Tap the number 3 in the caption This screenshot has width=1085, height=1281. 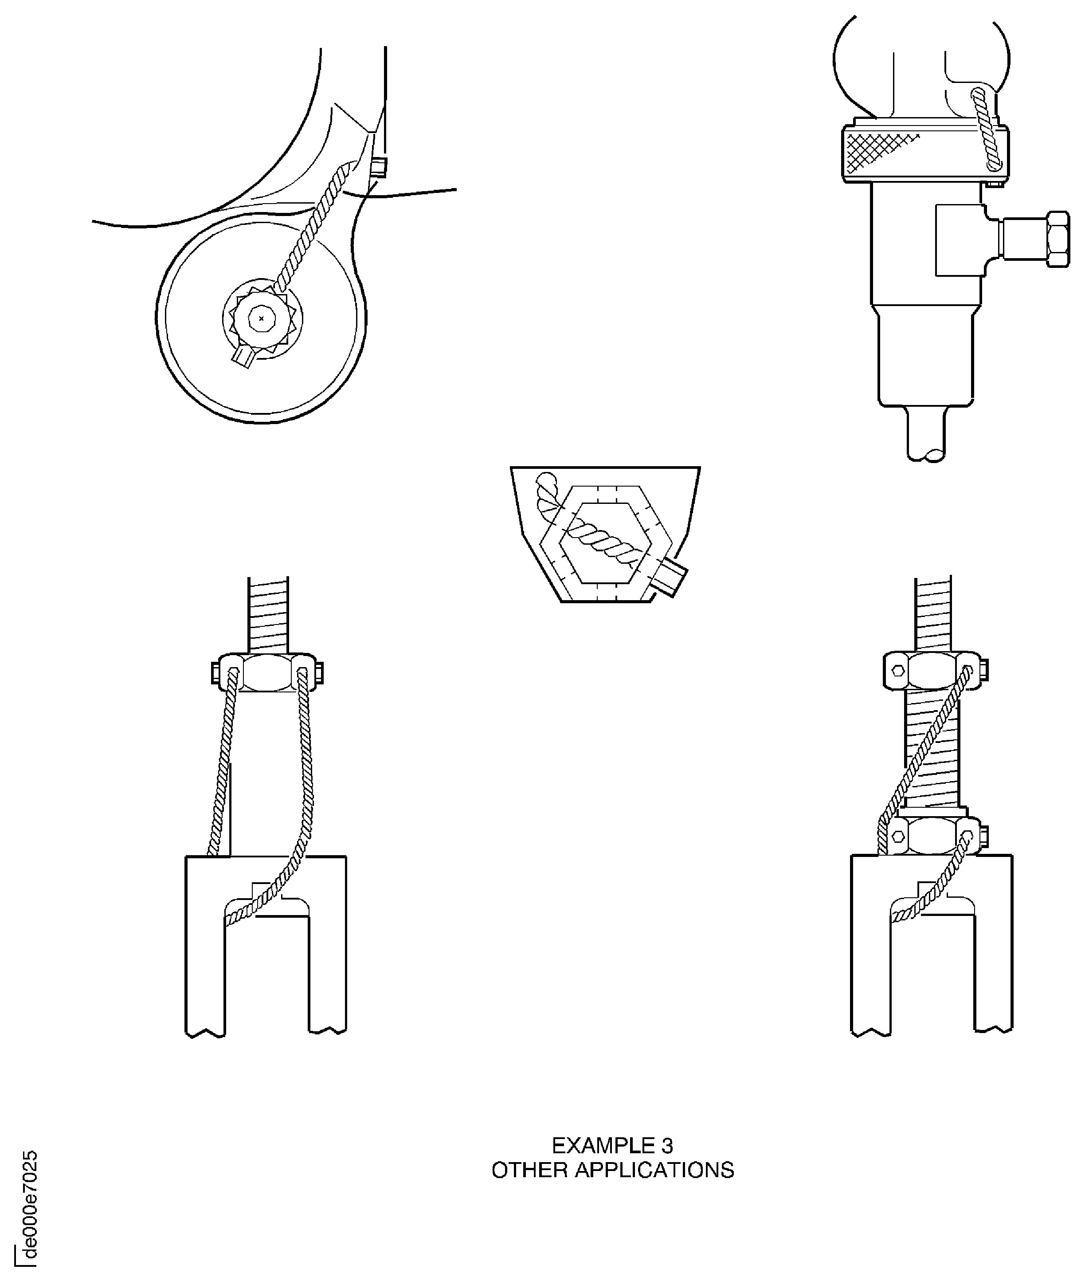pyautogui.click(x=667, y=1146)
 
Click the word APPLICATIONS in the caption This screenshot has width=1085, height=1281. pyautogui.click(x=654, y=1170)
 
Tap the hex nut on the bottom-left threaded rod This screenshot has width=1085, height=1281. pyautogui.click(x=267, y=672)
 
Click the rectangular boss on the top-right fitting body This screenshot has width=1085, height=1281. pyautogui.click(x=958, y=240)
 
